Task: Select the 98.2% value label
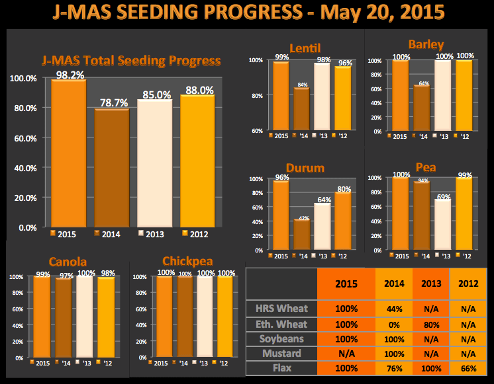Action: pyautogui.click(x=69, y=74)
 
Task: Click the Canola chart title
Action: pyautogui.click(x=68, y=262)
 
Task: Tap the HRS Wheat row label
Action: pyautogui.click(x=281, y=309)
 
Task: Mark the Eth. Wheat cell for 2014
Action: pyautogui.click(x=393, y=324)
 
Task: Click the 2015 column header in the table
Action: pyautogui.click(x=346, y=285)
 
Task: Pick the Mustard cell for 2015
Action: pyautogui.click(x=346, y=354)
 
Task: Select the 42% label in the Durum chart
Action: pyautogui.click(x=303, y=217)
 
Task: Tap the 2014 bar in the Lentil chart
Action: pyautogui.click(x=301, y=108)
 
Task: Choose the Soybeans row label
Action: pyautogui.click(x=281, y=338)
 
